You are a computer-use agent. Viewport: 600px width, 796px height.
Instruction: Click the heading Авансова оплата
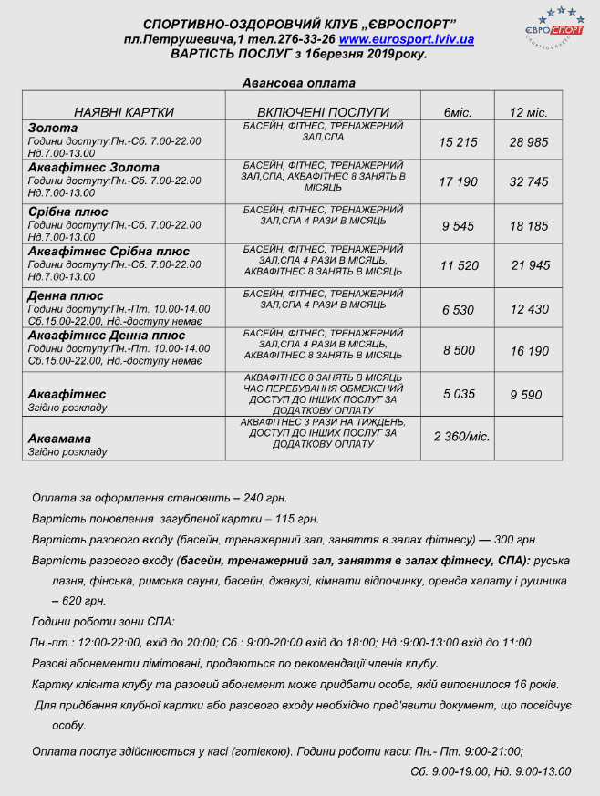[299, 82]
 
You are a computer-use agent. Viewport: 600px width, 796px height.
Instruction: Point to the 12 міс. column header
[528, 112]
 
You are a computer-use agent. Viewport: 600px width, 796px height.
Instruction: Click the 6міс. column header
[457, 112]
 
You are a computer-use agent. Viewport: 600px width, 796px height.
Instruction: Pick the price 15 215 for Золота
[458, 142]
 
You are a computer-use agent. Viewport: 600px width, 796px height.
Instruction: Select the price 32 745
[529, 182]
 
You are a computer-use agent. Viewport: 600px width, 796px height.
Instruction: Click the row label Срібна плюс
[68, 212]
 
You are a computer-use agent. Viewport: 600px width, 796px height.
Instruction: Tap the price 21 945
[531, 265]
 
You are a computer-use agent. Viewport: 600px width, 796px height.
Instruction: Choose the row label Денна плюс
[67, 295]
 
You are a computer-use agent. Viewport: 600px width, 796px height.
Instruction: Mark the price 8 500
[458, 350]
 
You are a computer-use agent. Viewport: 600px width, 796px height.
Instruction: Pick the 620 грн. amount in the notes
[82, 602]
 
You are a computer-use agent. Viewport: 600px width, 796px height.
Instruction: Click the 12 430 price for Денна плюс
[529, 310]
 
